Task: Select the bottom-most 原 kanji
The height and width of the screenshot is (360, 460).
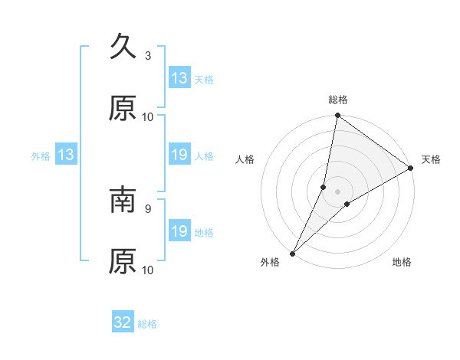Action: (123, 261)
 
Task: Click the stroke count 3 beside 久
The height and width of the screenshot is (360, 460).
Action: (148, 56)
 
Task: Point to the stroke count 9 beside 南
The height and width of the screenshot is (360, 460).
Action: (148, 208)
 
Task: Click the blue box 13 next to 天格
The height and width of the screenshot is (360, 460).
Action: (179, 78)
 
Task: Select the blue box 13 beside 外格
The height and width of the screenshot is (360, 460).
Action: (66, 155)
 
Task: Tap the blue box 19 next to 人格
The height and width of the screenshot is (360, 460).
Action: (179, 155)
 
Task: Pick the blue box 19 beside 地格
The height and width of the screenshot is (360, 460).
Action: (179, 231)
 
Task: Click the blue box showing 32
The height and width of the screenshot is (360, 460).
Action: (123, 322)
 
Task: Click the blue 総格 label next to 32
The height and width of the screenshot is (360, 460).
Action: (147, 324)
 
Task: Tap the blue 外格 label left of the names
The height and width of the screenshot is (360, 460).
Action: (41, 156)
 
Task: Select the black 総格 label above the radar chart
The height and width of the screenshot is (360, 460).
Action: (338, 100)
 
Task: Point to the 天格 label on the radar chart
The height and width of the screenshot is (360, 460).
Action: (431, 159)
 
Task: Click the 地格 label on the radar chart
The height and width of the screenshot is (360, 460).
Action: (402, 262)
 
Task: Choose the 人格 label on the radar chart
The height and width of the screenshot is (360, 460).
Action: (245, 159)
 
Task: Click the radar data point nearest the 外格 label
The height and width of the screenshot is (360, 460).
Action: (293, 253)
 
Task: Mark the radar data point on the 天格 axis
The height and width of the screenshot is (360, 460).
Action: (411, 169)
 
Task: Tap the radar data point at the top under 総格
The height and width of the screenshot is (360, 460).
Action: (338, 116)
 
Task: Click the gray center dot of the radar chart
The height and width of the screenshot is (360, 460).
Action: (338, 191)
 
